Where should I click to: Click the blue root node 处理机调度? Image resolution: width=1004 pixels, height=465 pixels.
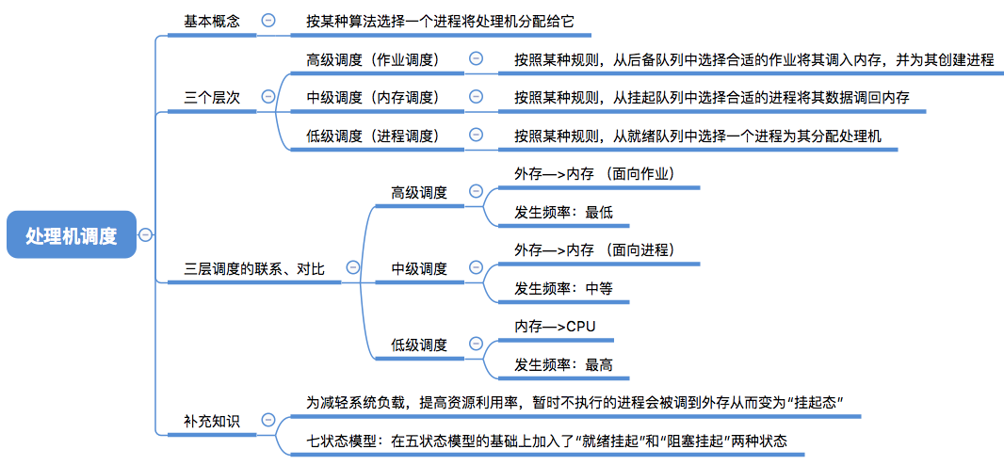72,235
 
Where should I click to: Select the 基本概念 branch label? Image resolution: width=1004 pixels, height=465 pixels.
211,20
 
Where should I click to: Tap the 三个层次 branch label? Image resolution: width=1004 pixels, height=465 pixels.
211,96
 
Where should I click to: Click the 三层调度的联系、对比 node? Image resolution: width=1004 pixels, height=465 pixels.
254,268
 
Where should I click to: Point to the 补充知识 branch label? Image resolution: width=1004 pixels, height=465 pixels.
211,421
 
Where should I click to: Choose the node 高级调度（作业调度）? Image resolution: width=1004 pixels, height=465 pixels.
373,59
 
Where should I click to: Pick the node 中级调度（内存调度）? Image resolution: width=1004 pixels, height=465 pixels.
373,97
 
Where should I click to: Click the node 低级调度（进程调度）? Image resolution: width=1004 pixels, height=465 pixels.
373,136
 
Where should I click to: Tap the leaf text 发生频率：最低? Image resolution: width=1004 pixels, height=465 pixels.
563,212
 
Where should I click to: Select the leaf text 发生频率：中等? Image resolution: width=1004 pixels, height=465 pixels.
563,288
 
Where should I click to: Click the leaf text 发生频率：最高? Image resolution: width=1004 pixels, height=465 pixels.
563,364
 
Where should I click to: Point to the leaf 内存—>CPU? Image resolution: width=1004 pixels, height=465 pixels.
556,327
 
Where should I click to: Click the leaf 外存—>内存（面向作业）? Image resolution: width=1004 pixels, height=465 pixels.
594,174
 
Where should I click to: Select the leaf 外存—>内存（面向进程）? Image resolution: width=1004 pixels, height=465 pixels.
594,250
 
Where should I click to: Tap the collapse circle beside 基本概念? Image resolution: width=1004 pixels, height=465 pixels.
268,20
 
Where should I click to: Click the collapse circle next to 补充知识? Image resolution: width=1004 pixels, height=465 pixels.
268,420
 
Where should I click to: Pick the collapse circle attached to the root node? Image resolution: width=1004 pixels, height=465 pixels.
147,235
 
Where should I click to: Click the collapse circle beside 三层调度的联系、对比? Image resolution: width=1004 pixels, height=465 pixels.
352,267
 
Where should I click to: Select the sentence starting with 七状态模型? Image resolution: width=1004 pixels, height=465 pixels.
546,441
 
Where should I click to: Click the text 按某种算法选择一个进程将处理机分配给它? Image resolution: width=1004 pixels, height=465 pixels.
440,20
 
